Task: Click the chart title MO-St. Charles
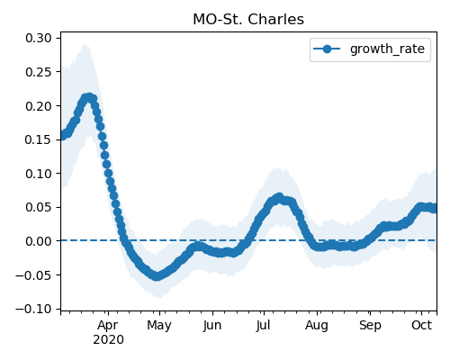248,20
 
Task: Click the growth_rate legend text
387,49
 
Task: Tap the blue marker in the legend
327,49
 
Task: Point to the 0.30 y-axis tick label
39,38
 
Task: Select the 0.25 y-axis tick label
39,72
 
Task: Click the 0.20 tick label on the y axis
39,106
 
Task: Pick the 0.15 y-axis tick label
39,139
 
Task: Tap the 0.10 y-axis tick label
39,174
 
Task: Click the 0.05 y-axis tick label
39,207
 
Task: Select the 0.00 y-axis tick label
39,241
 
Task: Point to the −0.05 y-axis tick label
33,275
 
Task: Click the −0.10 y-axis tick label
33,309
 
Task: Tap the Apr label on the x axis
108,326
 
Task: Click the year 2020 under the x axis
108,340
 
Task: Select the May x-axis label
159,326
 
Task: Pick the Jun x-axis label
212,326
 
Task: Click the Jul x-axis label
263,326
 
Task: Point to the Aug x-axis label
317,326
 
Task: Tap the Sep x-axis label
370,326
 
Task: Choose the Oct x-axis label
421,325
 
